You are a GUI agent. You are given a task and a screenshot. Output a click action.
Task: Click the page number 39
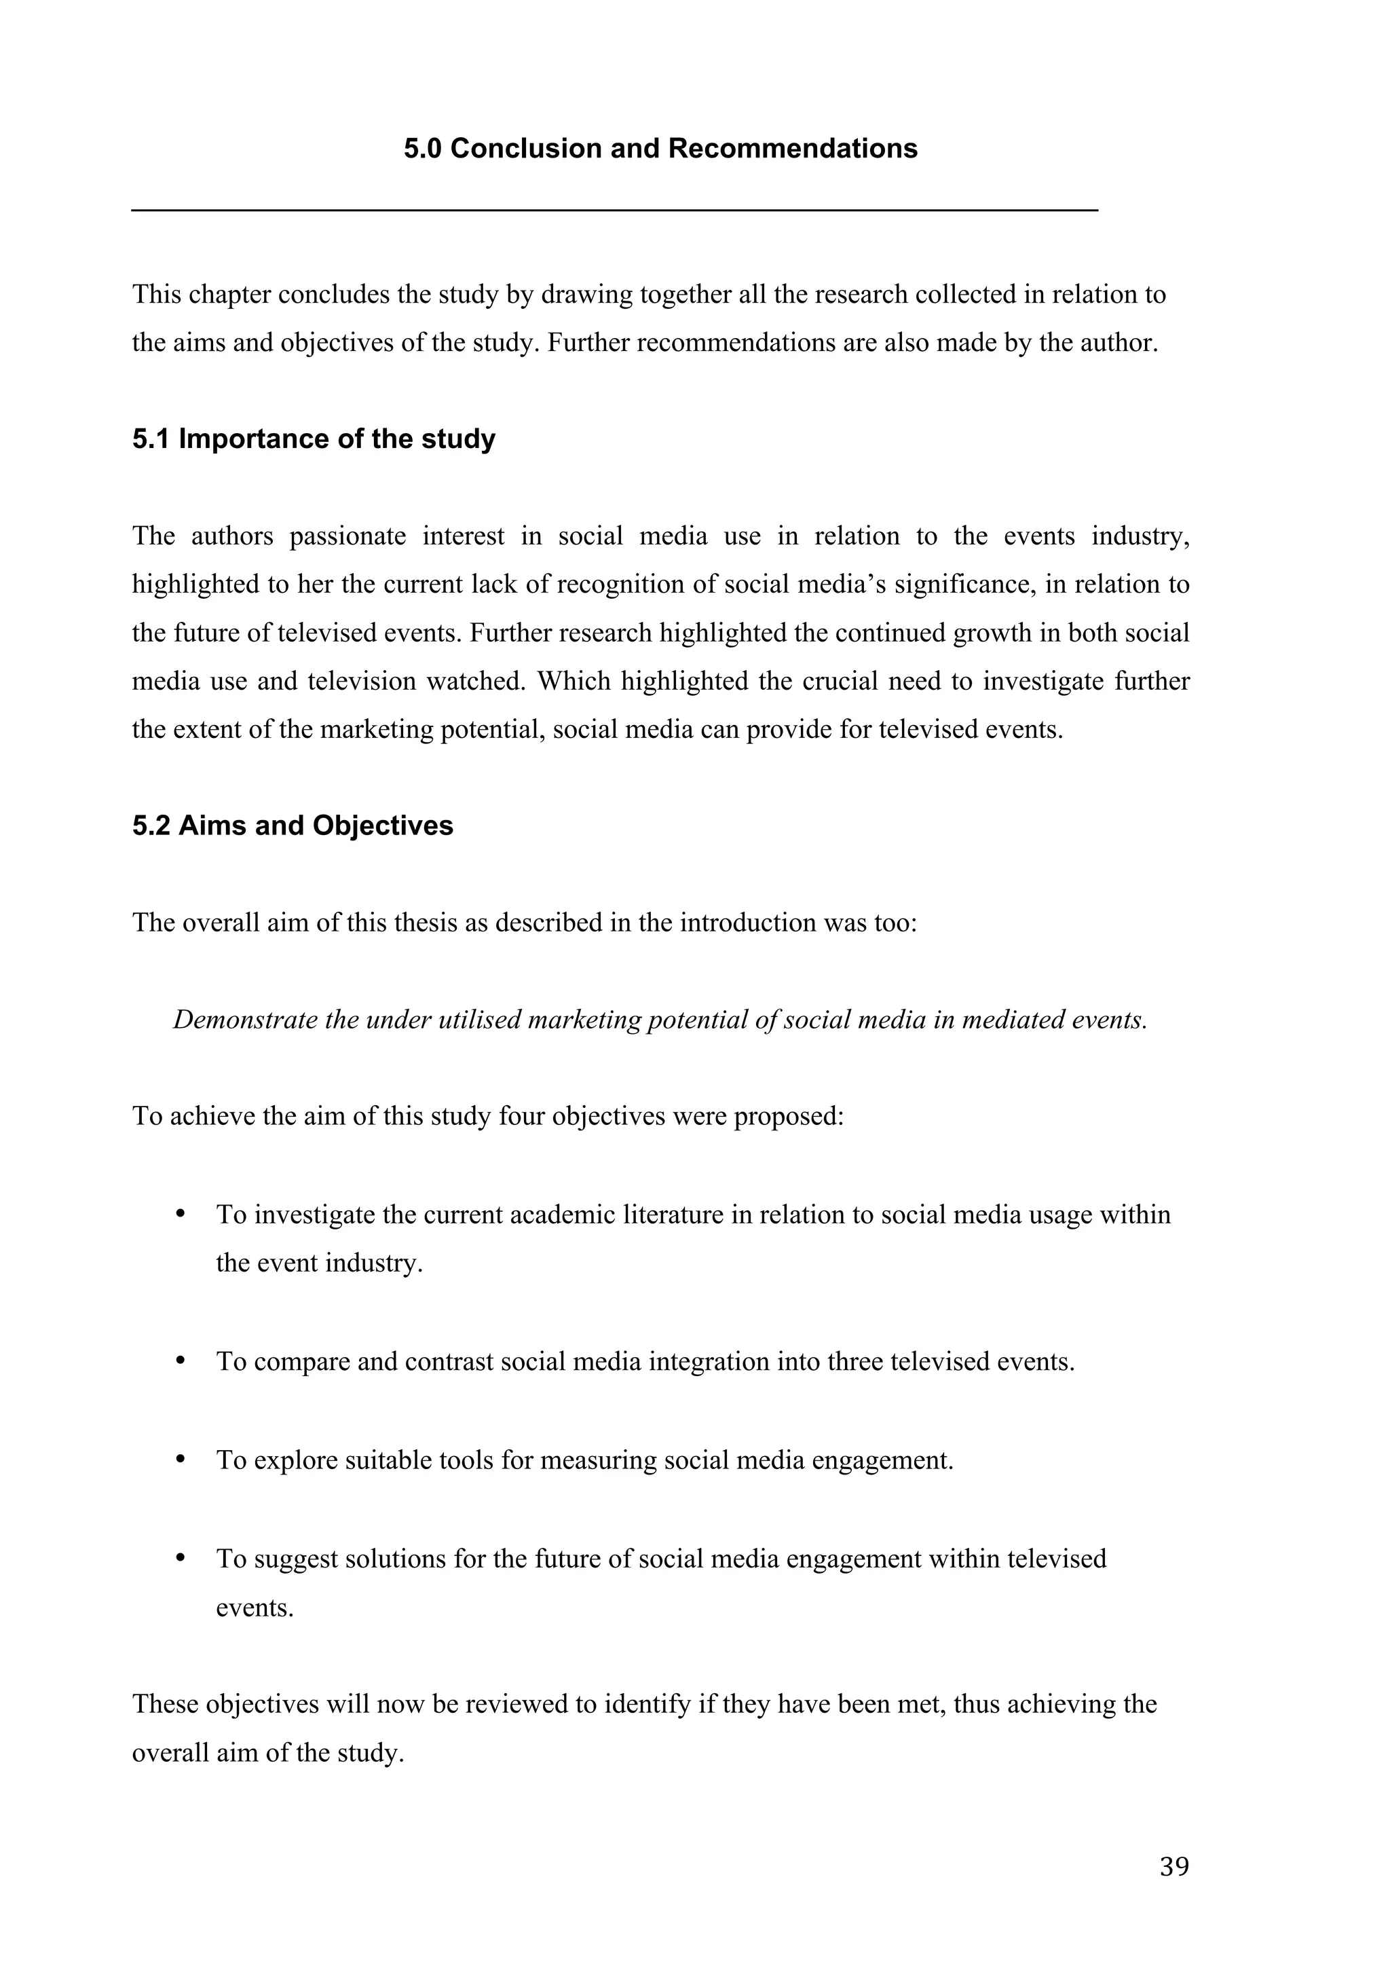(x=1174, y=1867)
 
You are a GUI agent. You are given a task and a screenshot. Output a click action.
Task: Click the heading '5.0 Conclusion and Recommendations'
(x=660, y=149)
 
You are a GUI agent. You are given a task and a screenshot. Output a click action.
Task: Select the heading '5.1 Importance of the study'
(x=314, y=439)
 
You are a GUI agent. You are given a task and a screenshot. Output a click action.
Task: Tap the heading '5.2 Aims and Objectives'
(x=293, y=826)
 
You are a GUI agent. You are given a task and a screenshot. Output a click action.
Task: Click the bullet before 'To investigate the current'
(x=181, y=1214)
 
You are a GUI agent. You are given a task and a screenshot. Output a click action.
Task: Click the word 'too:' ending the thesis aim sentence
(x=894, y=923)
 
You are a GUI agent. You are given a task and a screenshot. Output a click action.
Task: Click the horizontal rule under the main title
(x=614, y=210)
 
